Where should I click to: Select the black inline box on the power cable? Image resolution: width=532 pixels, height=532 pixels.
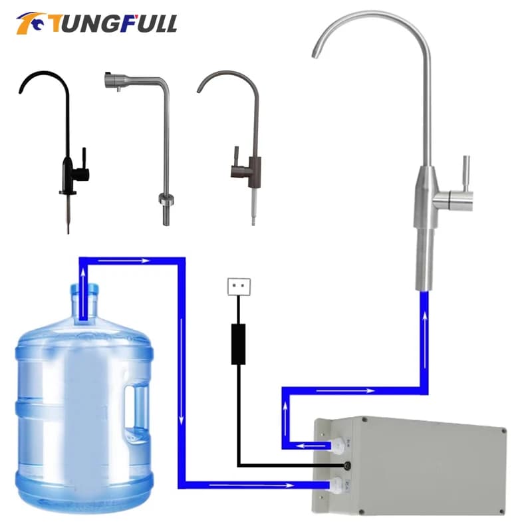pos(238,344)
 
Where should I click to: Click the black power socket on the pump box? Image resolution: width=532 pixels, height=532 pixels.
pos(347,465)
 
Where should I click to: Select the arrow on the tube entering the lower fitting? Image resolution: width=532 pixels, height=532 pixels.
pos(279,485)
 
